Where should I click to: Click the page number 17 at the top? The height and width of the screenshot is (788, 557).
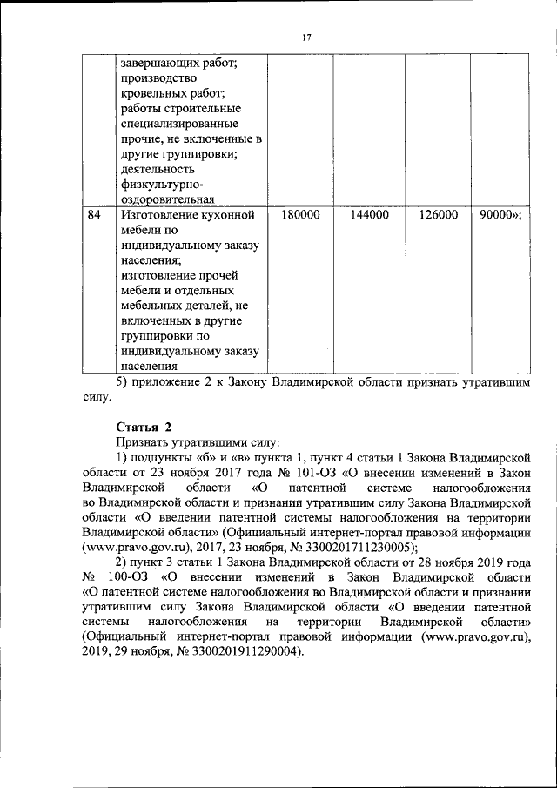coord(306,37)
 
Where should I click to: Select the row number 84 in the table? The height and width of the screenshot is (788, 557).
coord(95,214)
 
